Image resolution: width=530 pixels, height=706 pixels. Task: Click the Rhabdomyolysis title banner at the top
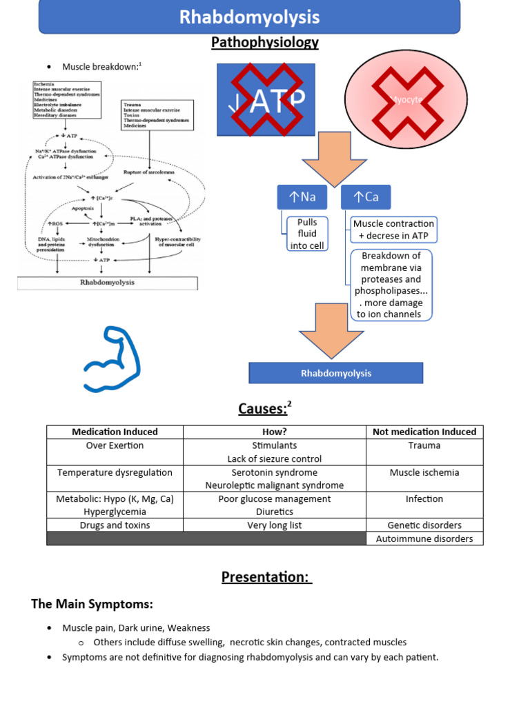pyautogui.click(x=249, y=17)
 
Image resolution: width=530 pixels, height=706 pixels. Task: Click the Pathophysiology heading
pyautogui.click(x=264, y=43)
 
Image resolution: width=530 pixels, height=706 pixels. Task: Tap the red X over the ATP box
pyautogui.click(x=266, y=99)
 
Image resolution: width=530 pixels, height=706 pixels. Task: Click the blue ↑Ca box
pyautogui.click(x=366, y=197)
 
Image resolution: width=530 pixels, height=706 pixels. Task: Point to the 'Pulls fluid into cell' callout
pyautogui.click(x=307, y=234)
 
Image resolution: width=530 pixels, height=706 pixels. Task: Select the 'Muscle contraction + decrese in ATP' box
pyautogui.click(x=393, y=230)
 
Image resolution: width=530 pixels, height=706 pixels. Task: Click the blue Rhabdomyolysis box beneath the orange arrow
pyautogui.click(x=335, y=373)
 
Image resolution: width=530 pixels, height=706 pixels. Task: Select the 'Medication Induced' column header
pyautogui.click(x=115, y=432)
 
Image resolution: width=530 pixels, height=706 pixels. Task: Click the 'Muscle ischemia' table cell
pyautogui.click(x=424, y=472)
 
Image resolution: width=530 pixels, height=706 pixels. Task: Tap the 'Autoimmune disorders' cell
pyautogui.click(x=424, y=538)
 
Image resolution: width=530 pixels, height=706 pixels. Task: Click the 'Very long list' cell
pyautogui.click(x=275, y=525)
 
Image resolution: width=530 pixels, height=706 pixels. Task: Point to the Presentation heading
pyautogui.click(x=266, y=576)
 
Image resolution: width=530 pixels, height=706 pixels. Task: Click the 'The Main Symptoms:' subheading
pyautogui.click(x=92, y=604)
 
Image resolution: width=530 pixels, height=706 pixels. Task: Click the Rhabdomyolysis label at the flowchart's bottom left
pyautogui.click(x=107, y=283)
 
